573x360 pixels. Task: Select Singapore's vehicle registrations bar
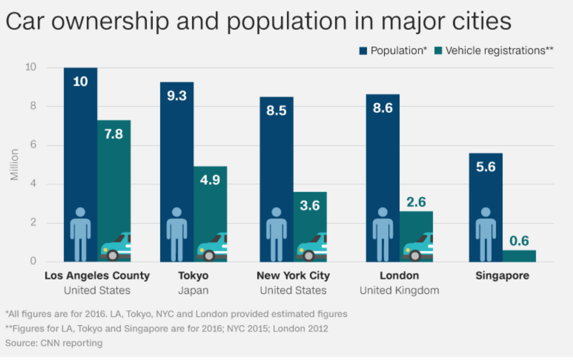pos(519,256)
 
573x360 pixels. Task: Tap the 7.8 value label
pos(114,134)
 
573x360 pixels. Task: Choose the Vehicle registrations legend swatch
pos(438,50)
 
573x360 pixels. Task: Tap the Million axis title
pos(14,165)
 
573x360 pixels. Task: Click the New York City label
pos(293,275)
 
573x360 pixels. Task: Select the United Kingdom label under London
pos(399,290)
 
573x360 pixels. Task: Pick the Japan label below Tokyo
pos(193,290)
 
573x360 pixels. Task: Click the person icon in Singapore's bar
pos(486,234)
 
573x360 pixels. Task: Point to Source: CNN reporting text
pos(54,343)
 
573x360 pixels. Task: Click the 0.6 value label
pos(519,241)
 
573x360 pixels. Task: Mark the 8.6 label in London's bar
pos(382,108)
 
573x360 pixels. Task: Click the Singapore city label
pos(502,275)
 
